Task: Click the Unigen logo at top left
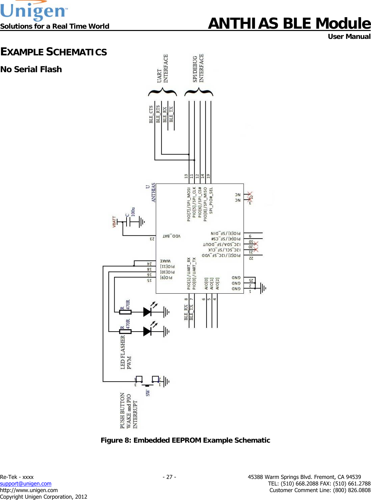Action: pos(34,11)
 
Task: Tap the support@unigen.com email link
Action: pos(26,484)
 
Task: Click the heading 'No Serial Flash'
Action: pos(31,69)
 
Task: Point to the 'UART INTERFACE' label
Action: pos(162,69)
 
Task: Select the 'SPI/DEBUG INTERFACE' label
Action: pos(198,68)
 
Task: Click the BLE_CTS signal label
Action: pos(151,114)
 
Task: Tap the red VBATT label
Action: pos(114,222)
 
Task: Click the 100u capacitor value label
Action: pos(133,211)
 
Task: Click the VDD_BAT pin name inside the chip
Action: pos(172,236)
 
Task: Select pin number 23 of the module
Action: pos(152,239)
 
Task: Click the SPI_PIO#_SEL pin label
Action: pos(211,200)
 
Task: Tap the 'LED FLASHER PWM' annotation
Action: pos(126,353)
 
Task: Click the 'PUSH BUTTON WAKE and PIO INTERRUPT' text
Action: pos(128,410)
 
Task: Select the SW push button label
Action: pos(148,393)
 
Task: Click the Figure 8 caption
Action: pos(185,440)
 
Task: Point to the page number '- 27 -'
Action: pos(169,477)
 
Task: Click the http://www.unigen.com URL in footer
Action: pos(29,490)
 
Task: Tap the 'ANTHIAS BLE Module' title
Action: pos(289,23)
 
